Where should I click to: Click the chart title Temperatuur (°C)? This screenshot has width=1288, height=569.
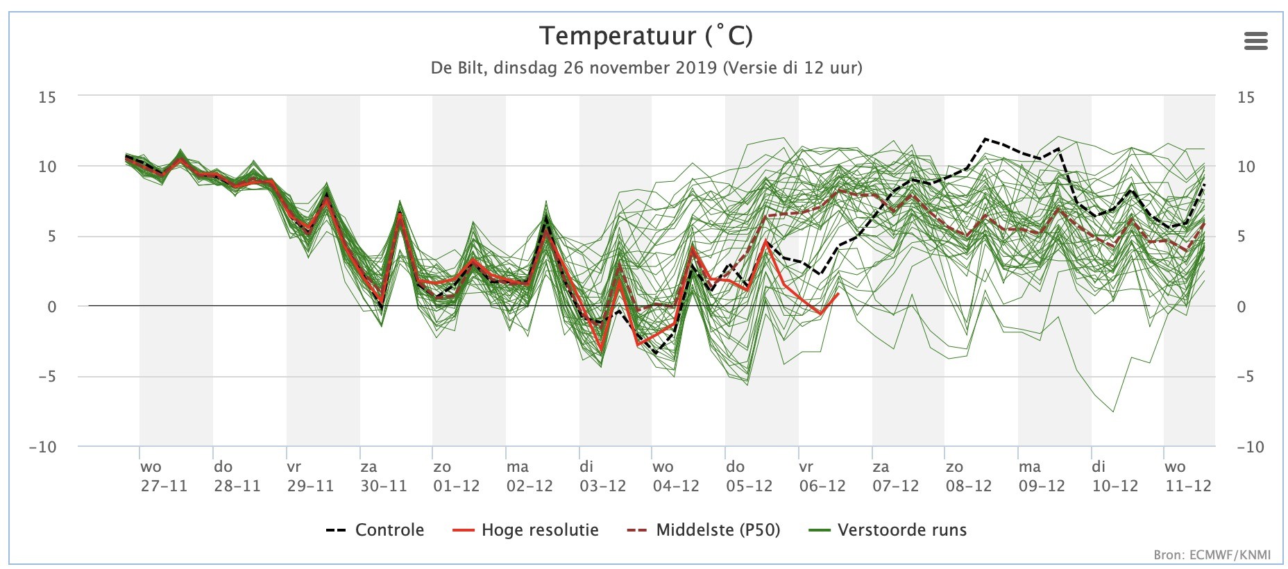pos(645,35)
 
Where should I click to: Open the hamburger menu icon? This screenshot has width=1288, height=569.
pos(1256,41)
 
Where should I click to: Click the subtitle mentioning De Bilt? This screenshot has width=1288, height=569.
pos(646,68)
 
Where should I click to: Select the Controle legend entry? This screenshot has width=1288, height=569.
pos(375,530)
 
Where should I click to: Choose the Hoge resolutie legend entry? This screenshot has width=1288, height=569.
pos(525,530)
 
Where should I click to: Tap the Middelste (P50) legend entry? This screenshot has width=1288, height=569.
pos(704,530)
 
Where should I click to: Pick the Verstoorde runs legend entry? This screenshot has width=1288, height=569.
pos(888,530)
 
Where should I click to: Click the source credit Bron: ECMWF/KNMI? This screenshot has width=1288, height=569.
pos(1212,555)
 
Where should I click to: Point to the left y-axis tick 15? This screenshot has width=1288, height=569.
pos(46,97)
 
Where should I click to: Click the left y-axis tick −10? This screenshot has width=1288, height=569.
pos(42,447)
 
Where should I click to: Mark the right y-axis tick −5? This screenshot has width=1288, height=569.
pos(1246,377)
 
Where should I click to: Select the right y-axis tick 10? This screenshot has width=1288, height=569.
pos(1246,167)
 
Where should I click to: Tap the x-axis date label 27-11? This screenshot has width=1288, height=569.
pos(164,486)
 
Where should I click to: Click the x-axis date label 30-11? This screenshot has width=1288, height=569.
pos(383,486)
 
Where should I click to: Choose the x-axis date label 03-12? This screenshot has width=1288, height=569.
pos(603,486)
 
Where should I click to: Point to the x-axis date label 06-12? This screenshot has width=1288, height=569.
pos(822,486)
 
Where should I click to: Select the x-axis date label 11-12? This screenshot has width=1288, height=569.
pos(1188,486)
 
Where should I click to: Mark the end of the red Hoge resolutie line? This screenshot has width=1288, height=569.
pos(839,294)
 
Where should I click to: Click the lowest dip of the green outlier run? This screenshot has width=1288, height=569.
pos(1114,412)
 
